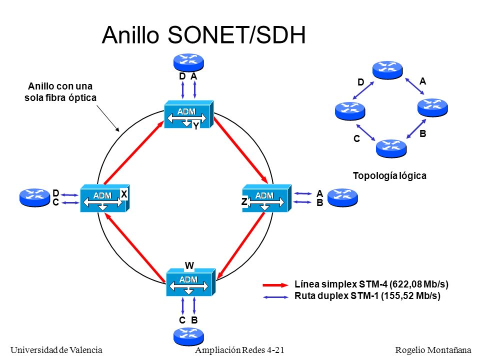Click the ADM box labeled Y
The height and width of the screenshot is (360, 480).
tap(188, 114)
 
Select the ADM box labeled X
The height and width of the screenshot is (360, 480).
tap(104, 198)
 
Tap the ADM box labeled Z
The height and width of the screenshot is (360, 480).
tap(266, 198)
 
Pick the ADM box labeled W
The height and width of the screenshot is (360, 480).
tap(190, 282)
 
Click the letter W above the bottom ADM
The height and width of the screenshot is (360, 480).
tap(189, 265)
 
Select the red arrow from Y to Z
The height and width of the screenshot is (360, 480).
tap(240, 150)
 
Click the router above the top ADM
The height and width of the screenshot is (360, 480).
tap(188, 62)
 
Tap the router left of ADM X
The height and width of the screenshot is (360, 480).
tap(34, 197)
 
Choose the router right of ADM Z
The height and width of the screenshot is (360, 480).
tap(342, 197)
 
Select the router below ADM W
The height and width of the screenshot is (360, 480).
tap(188, 336)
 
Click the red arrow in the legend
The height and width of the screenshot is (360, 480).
tap(275, 285)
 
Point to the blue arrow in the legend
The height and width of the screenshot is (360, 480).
tap(275, 297)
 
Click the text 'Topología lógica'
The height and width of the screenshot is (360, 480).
tap(389, 175)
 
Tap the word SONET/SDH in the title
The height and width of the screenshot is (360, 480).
tap(236, 35)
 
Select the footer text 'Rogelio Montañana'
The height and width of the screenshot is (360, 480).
tap(433, 350)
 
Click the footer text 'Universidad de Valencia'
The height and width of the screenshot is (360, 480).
tap(56, 350)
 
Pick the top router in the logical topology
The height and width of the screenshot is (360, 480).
tap(387, 70)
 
